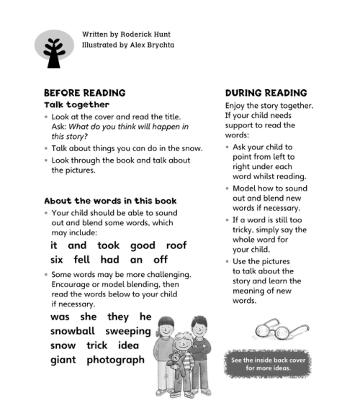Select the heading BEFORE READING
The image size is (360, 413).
click(84, 93)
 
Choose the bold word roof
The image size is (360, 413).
click(176, 245)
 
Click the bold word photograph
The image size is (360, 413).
click(115, 359)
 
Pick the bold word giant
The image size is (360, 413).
click(63, 359)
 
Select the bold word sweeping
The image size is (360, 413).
click(127, 331)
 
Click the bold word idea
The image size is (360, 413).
click(128, 345)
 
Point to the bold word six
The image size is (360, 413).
click(58, 260)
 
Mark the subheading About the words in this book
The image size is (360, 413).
click(110, 201)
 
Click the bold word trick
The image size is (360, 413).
click(96, 345)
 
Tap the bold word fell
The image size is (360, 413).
click(82, 260)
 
